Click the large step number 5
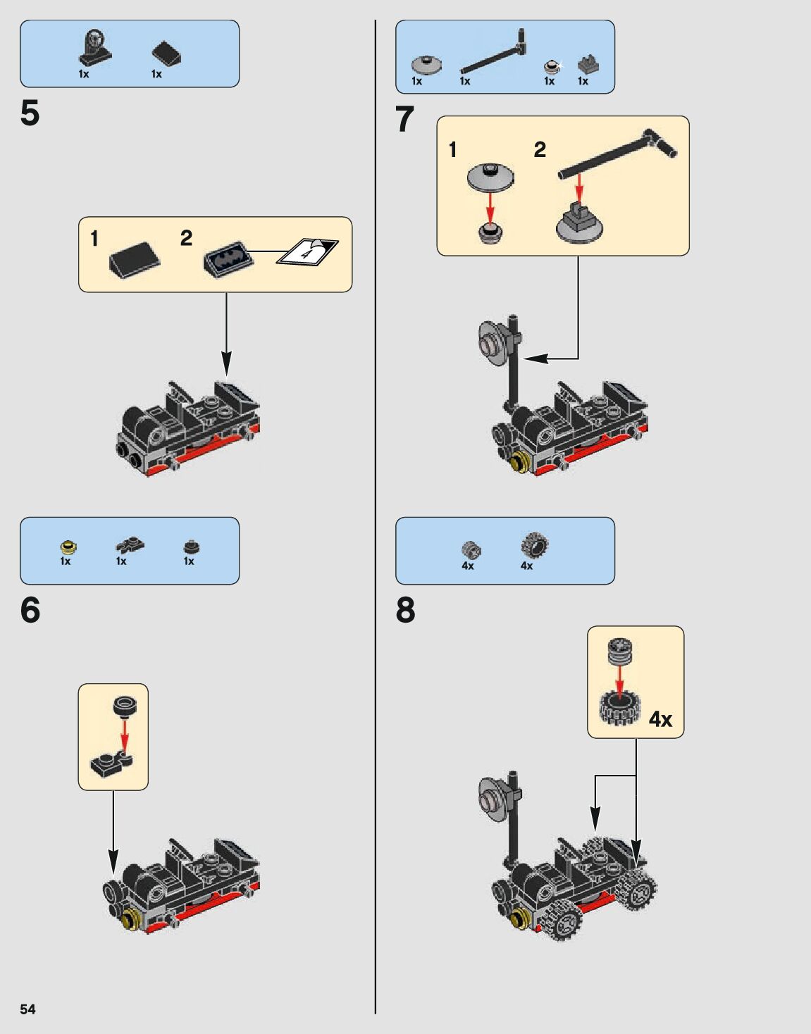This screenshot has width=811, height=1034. [30, 113]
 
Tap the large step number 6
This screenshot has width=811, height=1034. [30, 610]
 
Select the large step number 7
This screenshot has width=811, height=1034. [404, 119]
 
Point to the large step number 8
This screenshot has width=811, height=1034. [405, 610]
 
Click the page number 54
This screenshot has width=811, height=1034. [27, 1009]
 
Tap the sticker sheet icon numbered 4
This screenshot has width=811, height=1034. [307, 251]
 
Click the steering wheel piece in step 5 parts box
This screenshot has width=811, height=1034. [94, 46]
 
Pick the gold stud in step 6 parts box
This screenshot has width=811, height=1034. [68, 547]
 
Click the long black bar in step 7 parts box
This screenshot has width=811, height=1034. [493, 54]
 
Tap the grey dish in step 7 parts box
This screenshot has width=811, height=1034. [426, 65]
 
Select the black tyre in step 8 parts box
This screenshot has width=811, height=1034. [535, 546]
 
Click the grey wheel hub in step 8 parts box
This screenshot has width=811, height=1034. [471, 549]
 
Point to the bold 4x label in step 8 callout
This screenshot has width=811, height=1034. [660, 719]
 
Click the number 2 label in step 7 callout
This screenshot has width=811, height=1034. [540, 149]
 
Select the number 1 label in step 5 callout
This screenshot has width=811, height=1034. [94, 239]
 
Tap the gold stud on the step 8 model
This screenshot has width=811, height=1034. [521, 917]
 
